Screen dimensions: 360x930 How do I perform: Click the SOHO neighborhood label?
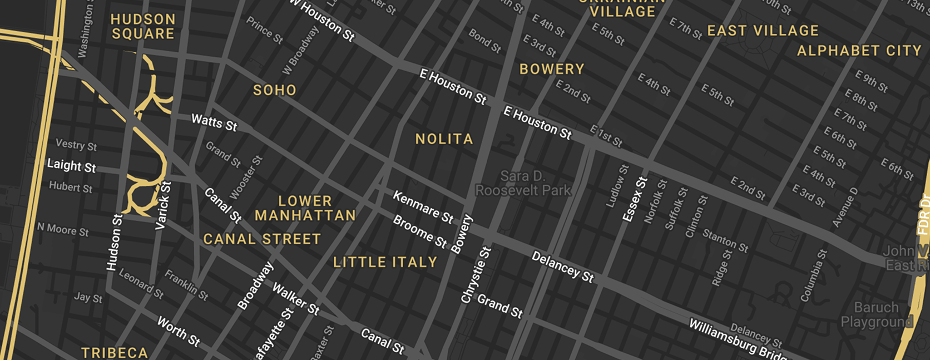(x=275, y=90)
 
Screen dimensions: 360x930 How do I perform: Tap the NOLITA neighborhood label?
(x=444, y=139)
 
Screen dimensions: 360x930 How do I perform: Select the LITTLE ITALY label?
(x=385, y=262)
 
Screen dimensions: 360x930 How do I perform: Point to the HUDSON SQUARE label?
(x=143, y=27)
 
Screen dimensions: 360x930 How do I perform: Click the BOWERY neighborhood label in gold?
(x=551, y=70)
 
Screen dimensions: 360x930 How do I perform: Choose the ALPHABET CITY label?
(x=859, y=51)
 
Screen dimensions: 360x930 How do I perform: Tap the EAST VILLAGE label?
(x=763, y=31)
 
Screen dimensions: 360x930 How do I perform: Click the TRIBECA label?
(x=115, y=353)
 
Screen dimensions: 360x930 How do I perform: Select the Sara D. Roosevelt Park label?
(x=523, y=184)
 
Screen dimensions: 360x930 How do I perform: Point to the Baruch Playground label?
(x=877, y=314)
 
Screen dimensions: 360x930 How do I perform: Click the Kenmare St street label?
(x=423, y=206)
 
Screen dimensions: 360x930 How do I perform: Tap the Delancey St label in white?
(x=562, y=267)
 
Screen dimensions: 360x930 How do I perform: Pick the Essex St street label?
(x=635, y=199)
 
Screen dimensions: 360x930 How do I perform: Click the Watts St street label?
(x=214, y=122)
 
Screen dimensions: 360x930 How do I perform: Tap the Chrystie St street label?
(x=476, y=275)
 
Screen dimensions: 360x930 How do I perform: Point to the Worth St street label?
(x=178, y=331)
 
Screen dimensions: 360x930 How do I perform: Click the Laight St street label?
(x=71, y=165)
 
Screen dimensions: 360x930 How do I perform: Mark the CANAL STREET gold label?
(x=261, y=239)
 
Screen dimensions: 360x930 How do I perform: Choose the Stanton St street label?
(x=725, y=240)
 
